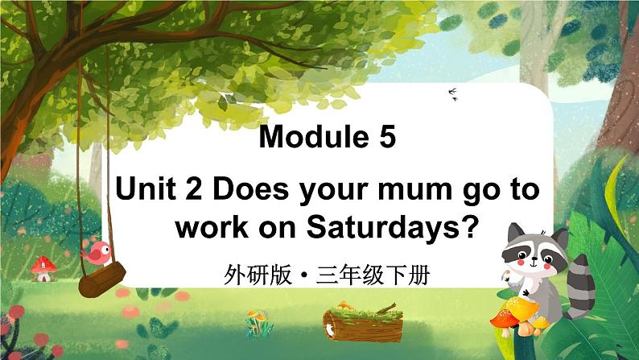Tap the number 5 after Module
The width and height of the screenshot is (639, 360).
coord(388,139)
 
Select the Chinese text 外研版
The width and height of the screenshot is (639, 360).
coord(257,276)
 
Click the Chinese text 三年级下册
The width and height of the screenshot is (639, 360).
coord(373,276)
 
